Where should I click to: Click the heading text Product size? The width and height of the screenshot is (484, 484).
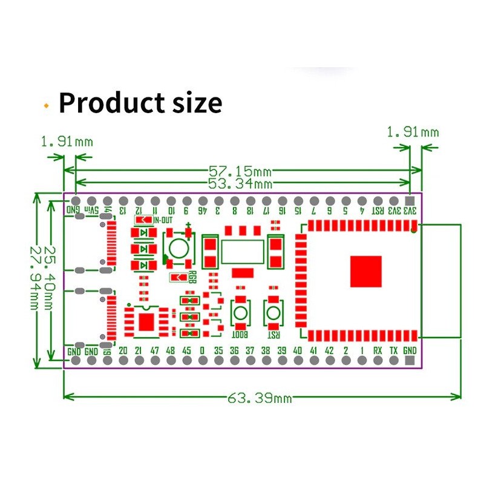tap(140, 103)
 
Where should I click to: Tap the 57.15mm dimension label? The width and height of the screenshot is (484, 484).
tap(240, 171)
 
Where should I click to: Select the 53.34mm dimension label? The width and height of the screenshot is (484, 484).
tap(240, 183)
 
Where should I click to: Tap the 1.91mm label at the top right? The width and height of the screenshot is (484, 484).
tap(413, 131)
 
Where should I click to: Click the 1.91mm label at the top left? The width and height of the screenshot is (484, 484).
tap(67, 142)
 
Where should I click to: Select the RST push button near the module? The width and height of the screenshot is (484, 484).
tap(273, 313)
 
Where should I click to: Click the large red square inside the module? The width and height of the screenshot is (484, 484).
tap(366, 272)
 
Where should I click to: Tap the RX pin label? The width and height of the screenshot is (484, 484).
tap(378, 350)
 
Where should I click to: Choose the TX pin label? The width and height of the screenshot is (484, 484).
tap(393, 350)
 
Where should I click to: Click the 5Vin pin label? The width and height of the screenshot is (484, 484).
tap(92, 209)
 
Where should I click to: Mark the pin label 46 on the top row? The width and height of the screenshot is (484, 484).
tap(202, 210)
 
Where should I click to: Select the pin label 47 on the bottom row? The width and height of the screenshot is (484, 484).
tap(155, 350)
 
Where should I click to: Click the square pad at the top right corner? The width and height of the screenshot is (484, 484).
tap(410, 200)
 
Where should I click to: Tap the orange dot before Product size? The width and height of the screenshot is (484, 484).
tap(47, 105)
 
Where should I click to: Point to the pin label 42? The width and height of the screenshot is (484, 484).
tap(329, 350)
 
